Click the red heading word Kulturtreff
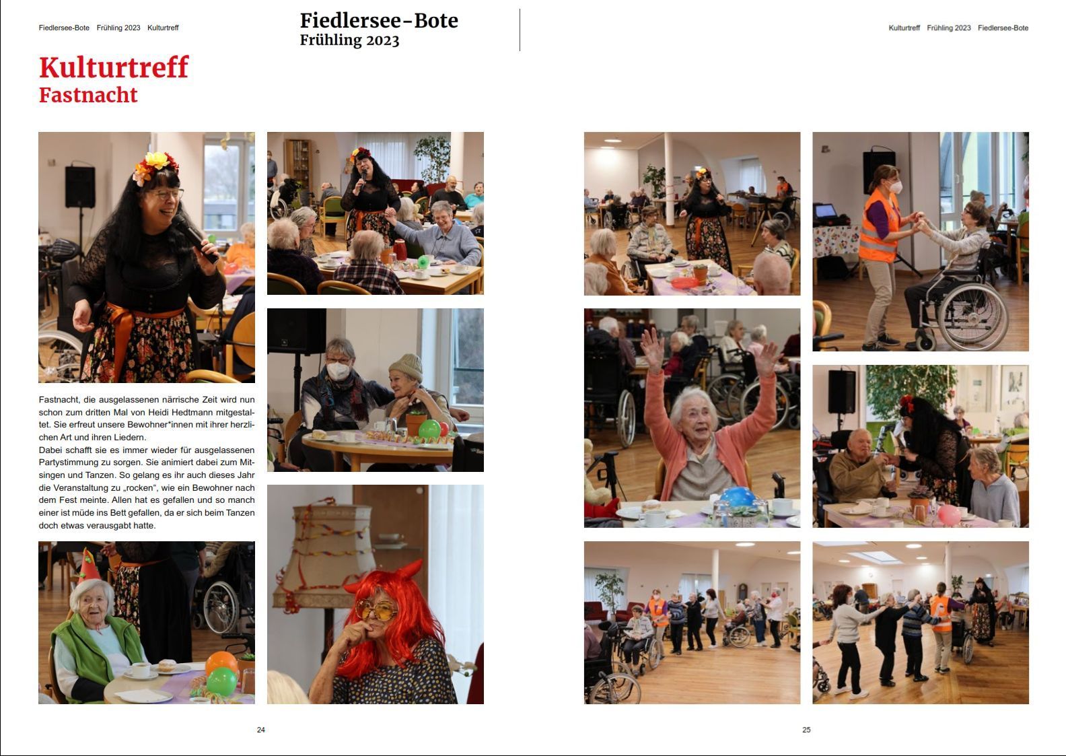114,67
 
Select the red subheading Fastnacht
88,95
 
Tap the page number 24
261,729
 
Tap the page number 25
806,729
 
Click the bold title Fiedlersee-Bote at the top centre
379,21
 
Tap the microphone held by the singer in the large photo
195,238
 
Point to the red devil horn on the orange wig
412,569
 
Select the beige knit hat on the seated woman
406,368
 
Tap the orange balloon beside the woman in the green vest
221,662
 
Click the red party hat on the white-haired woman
89,566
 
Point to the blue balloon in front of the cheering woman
738,497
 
